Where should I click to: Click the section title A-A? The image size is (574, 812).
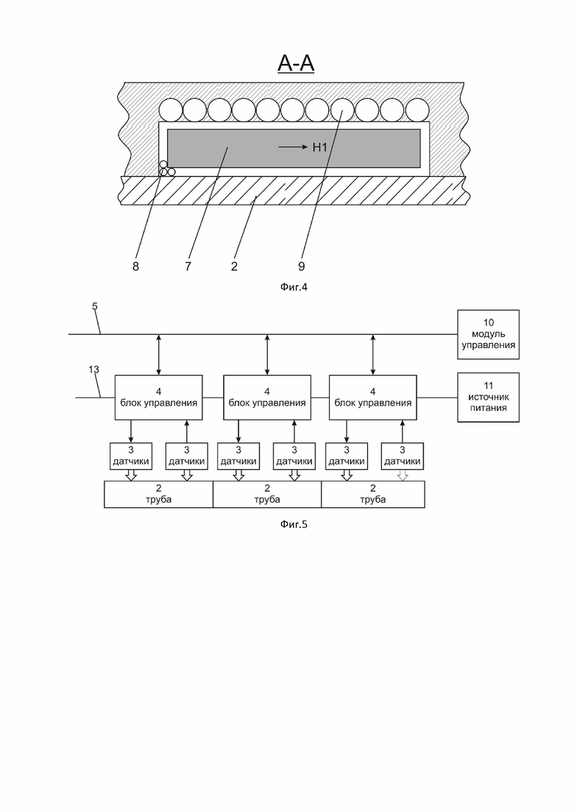[296, 63]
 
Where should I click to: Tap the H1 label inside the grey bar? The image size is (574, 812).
[320, 147]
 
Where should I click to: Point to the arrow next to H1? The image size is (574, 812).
[293, 147]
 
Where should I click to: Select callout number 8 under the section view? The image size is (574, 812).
[135, 266]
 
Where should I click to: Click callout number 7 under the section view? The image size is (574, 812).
[188, 266]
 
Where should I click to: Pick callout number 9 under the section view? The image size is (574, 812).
[302, 266]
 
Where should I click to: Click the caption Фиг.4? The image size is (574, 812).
[294, 286]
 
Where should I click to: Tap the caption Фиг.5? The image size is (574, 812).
[294, 524]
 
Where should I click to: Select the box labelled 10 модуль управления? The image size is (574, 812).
[488, 334]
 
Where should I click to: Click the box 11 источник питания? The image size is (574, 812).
[488, 398]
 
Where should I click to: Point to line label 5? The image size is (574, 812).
[95, 306]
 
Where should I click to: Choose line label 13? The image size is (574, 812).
[93, 370]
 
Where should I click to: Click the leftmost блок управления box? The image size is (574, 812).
[158, 398]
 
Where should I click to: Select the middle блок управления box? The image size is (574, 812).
[267, 398]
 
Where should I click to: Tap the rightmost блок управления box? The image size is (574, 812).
[373, 398]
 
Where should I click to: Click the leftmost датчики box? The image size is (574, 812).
[131, 456]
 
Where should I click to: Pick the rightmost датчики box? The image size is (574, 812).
[402, 456]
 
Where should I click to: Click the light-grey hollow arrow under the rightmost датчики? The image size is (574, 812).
[402, 476]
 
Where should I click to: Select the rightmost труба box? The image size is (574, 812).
[373, 494]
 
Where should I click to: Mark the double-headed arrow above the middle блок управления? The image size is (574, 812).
[267, 355]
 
